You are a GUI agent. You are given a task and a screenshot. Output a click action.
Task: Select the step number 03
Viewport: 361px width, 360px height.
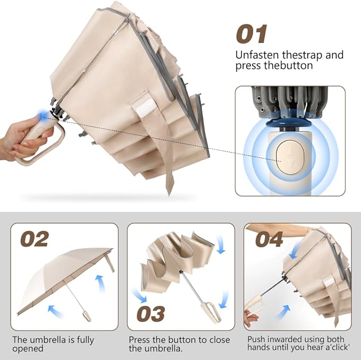pos(150,313)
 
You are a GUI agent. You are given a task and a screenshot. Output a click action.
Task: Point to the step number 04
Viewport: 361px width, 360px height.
pos(269,239)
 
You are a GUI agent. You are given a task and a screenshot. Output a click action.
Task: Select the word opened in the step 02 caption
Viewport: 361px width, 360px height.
pos(27,349)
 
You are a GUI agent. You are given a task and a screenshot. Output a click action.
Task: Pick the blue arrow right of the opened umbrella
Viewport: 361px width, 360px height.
pos(100,281)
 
